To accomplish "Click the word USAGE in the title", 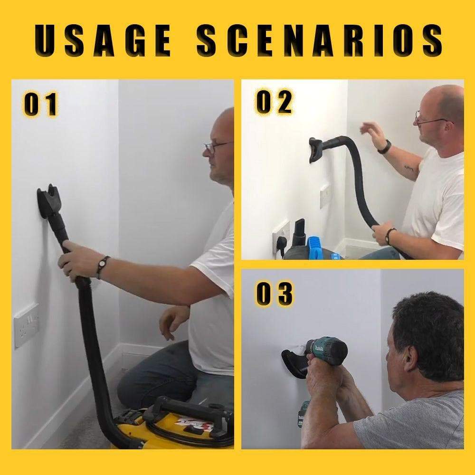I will (103, 40).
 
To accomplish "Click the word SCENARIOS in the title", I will (319, 40).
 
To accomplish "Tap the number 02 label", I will (274, 102).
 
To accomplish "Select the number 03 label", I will (275, 294).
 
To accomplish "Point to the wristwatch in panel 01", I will (102, 266).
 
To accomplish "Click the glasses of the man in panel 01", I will (216, 146).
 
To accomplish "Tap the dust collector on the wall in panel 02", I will (317, 149).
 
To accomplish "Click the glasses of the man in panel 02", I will (430, 119).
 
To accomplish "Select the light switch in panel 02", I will (325, 196).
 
